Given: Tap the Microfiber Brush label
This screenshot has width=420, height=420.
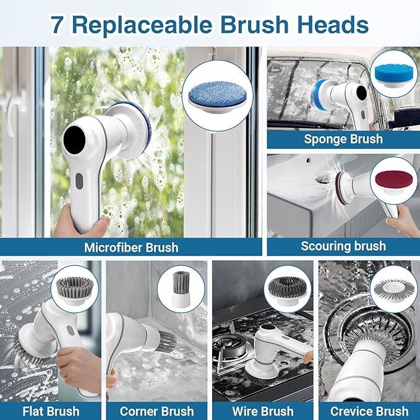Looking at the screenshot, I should [131, 247].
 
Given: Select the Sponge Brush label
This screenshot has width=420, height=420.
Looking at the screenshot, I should [343, 139].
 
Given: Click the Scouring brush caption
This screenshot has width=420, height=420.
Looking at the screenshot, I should [343, 246].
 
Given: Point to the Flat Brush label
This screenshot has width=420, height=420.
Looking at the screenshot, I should [51, 411].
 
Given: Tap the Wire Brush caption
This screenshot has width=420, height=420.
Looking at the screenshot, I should [263, 411].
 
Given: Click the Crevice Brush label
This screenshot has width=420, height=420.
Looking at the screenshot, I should [369, 411].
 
